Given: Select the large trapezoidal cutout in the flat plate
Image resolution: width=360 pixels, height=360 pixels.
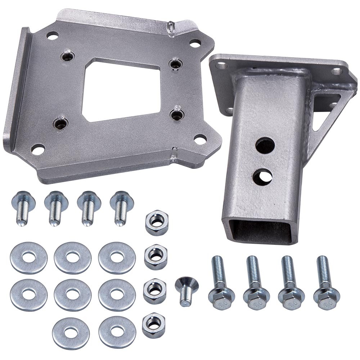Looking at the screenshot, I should pyautogui.click(x=119, y=90).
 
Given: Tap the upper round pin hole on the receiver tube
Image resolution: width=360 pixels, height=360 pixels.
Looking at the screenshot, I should pyautogui.click(x=265, y=144).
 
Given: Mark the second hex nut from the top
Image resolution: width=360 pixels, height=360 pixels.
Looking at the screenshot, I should pyautogui.click(x=156, y=257).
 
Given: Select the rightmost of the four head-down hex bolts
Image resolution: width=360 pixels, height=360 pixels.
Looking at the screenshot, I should pyautogui.click(x=326, y=288).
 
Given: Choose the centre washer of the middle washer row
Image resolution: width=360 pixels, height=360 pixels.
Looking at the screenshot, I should pyautogui.click(x=73, y=294).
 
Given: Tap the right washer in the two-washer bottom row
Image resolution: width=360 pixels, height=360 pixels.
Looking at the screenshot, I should pyautogui.click(x=117, y=332).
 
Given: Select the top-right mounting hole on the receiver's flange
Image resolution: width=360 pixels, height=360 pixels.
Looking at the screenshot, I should pyautogui.click(x=337, y=71).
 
